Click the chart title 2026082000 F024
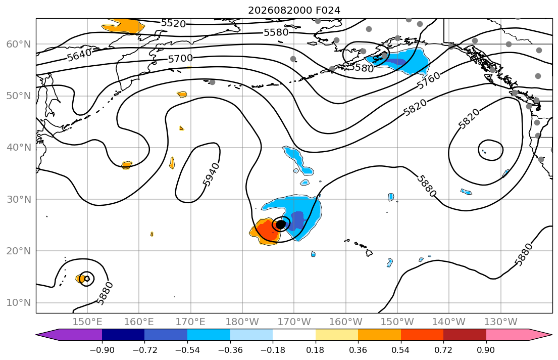click(294, 10)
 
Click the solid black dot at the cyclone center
click(281, 224)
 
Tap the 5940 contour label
click(212, 174)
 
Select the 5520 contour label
click(174, 24)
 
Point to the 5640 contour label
click(79, 55)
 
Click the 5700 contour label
click(180, 59)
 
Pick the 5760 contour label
click(428, 81)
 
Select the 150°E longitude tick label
click(87, 322)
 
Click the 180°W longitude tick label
click(242, 322)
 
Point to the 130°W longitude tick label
click(501, 322)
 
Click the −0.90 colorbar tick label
click(102, 350)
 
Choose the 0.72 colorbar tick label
click(443, 350)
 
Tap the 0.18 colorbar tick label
click(315, 350)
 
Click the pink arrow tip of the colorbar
click(551, 335)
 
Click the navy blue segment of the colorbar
click(123, 335)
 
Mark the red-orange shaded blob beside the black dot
click(265, 232)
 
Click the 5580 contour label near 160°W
click(361, 67)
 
